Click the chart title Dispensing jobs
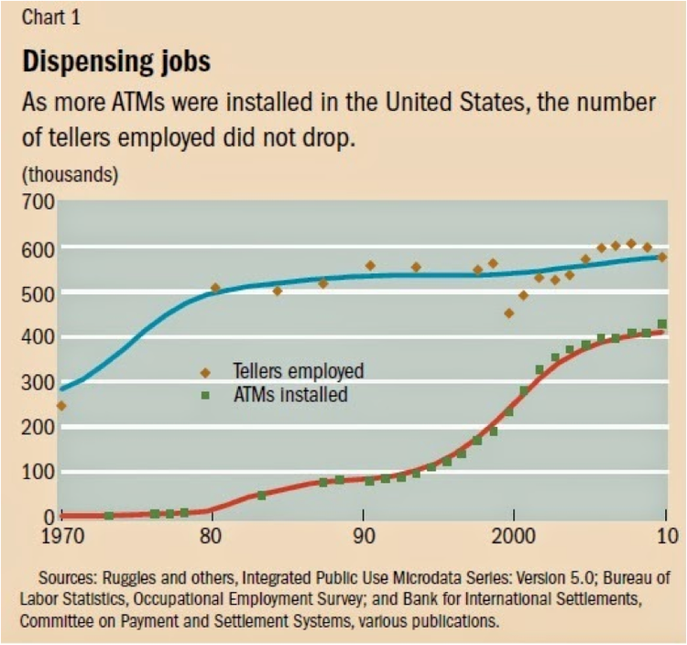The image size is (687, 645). tap(115, 61)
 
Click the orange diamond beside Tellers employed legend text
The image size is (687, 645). tap(205, 372)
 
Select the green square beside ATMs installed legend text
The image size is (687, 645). tap(205, 396)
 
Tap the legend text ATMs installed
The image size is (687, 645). tap(284, 396)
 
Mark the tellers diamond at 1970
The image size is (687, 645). tap(61, 405)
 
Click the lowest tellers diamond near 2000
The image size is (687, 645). tap(509, 313)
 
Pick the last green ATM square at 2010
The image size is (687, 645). tap(661, 324)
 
